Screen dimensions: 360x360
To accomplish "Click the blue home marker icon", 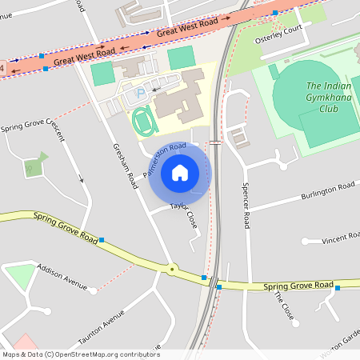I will (180, 172).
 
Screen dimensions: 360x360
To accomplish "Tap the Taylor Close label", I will (183, 214).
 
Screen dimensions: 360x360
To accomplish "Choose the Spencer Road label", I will (247, 205).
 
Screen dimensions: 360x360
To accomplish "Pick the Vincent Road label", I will (341, 238).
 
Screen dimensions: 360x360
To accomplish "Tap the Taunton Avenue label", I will (106, 328).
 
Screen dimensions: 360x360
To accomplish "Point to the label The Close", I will (285, 305).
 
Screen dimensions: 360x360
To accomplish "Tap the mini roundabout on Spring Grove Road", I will (171, 269).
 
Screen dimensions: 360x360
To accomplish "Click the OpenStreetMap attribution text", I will (81, 354).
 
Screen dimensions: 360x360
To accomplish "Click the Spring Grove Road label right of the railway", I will (298, 286).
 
